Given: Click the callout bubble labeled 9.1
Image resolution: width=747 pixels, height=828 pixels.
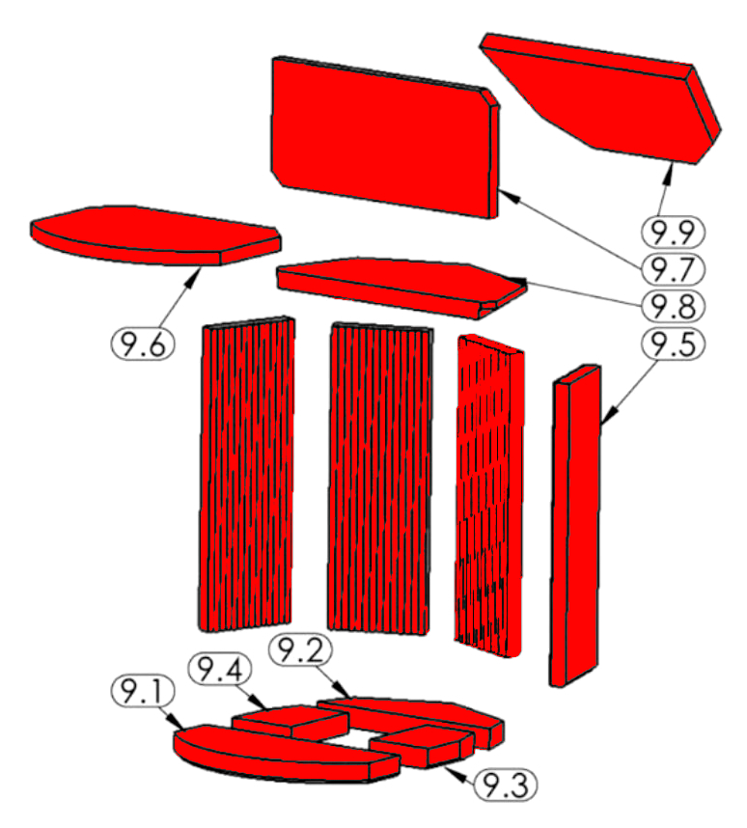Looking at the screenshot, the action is pos(143,691).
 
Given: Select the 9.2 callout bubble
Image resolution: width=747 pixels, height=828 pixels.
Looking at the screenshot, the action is pos(300,650).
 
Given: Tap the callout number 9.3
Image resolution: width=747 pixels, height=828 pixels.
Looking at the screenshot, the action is pos(506,785).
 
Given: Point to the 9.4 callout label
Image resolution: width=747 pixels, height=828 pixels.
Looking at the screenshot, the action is pos(220,670).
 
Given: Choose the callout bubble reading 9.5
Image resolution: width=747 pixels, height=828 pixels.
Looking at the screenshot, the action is pos(673,344).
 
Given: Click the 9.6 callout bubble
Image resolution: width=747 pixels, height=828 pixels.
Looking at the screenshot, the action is pos(143,345).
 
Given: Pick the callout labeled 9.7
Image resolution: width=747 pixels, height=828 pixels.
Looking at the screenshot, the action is pos(673,269).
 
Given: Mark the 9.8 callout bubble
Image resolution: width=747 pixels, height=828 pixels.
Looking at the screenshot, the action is pos(673,306).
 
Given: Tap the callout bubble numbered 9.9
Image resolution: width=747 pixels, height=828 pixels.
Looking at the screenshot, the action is pos(673,232).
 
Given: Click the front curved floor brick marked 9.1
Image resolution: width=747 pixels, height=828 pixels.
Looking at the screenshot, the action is pos(286,754).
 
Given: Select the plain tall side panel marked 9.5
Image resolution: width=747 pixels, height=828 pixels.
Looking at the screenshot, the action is pos(575,525).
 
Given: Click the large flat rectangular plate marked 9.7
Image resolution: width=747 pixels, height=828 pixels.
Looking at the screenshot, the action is pos(384,137).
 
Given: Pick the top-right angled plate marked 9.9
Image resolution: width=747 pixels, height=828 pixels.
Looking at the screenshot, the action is pos(600,98).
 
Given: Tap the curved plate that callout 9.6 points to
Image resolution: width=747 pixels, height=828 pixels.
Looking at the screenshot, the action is pos(155,235).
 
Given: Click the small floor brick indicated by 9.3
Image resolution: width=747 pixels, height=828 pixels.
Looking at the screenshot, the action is pos(422,746).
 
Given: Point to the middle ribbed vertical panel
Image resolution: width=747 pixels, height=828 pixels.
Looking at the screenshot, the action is pos(379,478).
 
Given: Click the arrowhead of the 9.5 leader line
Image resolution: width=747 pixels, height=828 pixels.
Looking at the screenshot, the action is pos(608,416).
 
